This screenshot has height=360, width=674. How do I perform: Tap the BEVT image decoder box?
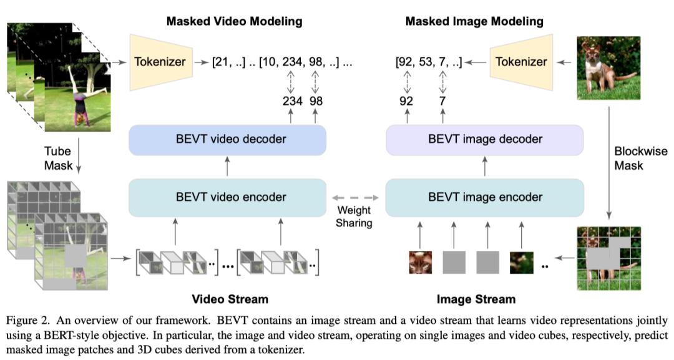485,140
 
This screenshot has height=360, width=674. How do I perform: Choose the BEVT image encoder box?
485,197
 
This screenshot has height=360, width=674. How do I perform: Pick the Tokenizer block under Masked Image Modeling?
521,62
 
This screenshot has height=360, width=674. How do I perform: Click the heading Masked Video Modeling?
234,21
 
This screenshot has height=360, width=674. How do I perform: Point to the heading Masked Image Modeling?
474,21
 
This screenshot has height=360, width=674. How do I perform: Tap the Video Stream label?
230,299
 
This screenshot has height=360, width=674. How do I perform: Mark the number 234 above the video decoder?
293,100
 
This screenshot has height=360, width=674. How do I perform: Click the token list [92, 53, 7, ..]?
429,62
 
